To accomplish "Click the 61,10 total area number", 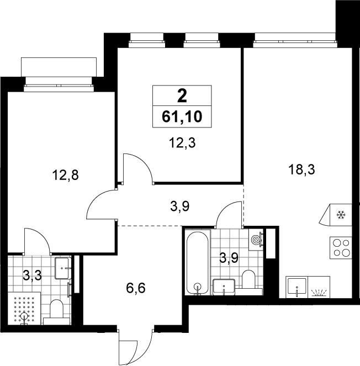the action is tap(182, 116).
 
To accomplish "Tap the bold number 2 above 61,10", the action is tap(182, 96).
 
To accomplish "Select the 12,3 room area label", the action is tap(182, 142).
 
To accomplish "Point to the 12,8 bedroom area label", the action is tap(65, 175).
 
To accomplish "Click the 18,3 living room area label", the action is tap(301, 169).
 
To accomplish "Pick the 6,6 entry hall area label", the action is tap(136, 288).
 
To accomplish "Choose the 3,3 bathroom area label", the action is tap(32, 275).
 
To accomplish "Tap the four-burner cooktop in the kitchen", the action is tap(341, 248).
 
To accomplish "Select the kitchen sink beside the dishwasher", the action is tap(297, 287).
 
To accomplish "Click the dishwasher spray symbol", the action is tap(319, 292).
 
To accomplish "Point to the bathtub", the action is tap(198, 263).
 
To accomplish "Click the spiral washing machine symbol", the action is tap(256, 240).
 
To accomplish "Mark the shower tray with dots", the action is tap(24, 308).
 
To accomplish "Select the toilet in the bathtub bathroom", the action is tap(248, 282).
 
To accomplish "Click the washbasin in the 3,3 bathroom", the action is tap(62, 268).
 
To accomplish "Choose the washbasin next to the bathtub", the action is tap(224, 287).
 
